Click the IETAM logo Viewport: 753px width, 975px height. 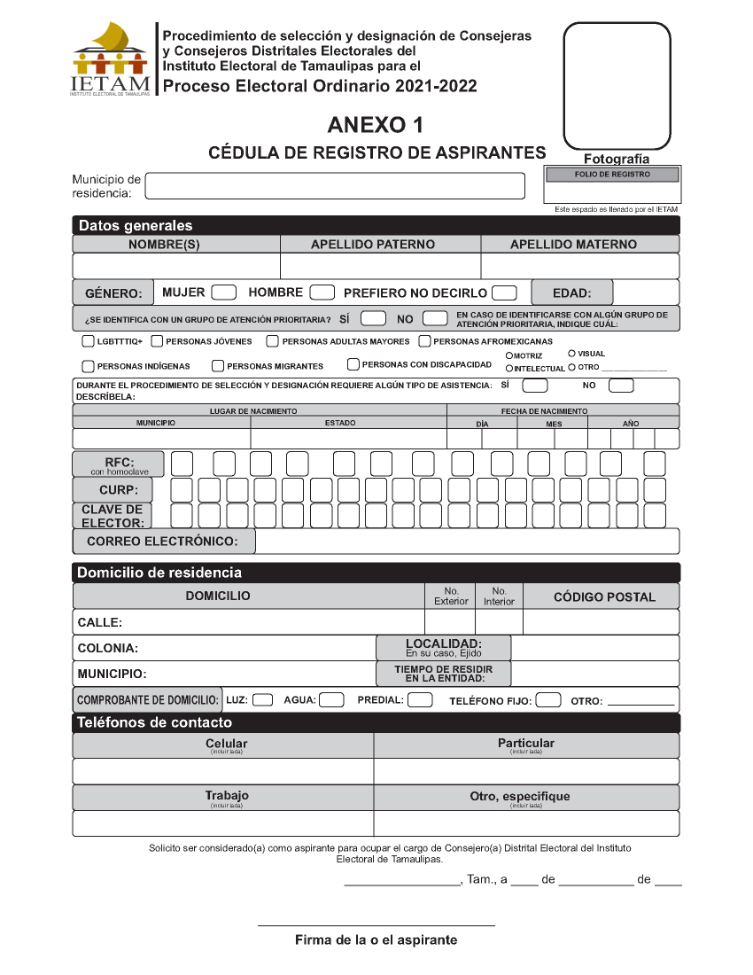pos(110,59)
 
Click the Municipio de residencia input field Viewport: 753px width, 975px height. pos(335,186)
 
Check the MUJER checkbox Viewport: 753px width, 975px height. pos(224,292)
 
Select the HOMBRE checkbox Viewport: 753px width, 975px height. pos(322,292)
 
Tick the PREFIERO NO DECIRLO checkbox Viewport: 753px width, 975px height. pos(504,292)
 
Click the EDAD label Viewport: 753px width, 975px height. pos(571,293)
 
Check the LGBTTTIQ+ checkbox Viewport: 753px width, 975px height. pos(88,341)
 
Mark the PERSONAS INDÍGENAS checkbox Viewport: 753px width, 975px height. pos(88,366)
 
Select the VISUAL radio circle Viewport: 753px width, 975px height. pos(572,354)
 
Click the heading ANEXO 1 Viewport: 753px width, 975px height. pos(376,124)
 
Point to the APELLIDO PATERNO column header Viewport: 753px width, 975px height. pos(373,245)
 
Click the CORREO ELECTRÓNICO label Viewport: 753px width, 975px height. pos(162,541)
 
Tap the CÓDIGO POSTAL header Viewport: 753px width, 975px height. pos(604,597)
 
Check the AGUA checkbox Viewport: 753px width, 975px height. pos(331,700)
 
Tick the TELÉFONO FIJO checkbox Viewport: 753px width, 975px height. pos(548,700)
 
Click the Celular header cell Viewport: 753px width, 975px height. pos(227,745)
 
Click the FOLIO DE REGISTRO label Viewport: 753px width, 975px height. pos(612,175)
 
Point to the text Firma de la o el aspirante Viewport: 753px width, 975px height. pos(376,940)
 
